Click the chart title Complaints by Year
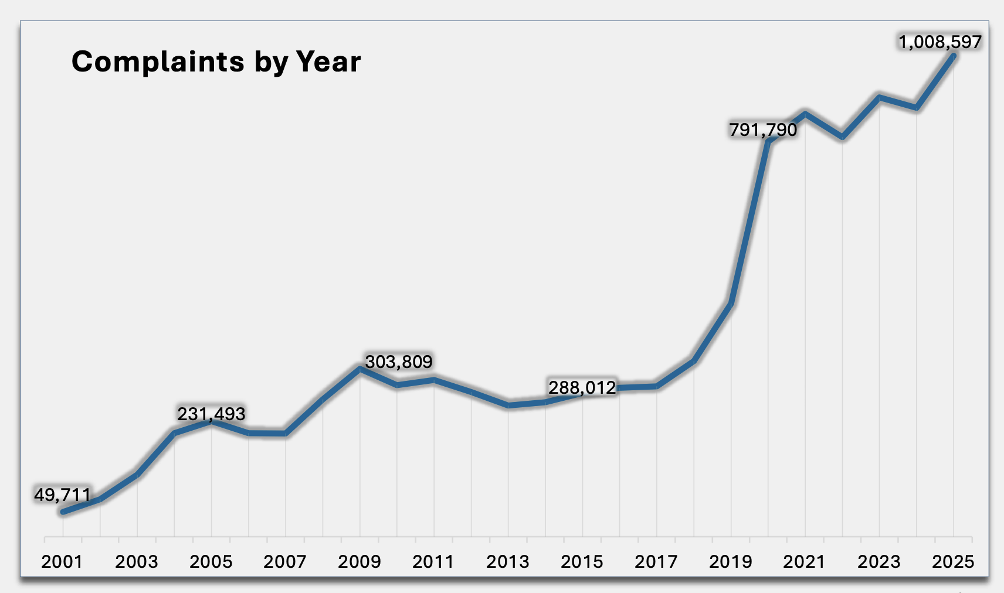[x=216, y=62]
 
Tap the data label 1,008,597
[x=940, y=42]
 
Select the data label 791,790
[x=763, y=129]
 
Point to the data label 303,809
[x=399, y=362]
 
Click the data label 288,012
[x=582, y=387]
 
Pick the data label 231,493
[x=211, y=414]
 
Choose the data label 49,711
[x=63, y=495]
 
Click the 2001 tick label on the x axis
[x=62, y=562]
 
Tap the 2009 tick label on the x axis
[x=359, y=562]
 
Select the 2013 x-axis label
[x=508, y=562]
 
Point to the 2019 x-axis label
[x=731, y=562]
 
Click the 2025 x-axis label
[x=953, y=562]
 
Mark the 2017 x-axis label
[x=656, y=562]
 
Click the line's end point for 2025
[x=953, y=56]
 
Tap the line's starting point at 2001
[x=63, y=512]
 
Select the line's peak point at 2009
[x=359, y=369]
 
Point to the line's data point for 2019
[x=731, y=304]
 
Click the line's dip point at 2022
[x=842, y=137]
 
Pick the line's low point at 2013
[x=508, y=405]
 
